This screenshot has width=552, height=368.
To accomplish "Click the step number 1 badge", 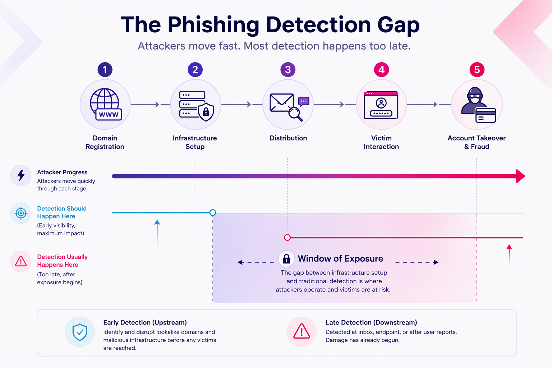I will tap(105, 70).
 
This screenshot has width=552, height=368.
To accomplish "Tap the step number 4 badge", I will tap(381, 70).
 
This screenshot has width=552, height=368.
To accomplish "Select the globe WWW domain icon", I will tap(105, 105).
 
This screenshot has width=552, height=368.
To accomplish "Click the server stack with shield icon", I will tap(196, 105).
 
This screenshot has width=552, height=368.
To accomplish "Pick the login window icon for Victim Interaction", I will tap(381, 105).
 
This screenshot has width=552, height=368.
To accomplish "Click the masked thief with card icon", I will tap(477, 105).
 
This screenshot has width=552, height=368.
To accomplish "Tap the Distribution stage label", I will tap(288, 138).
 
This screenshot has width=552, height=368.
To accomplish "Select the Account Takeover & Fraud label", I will tap(477, 142).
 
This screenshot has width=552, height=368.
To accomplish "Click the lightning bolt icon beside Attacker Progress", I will tap(21, 175).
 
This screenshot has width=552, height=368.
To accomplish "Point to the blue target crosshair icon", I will tap(21, 213).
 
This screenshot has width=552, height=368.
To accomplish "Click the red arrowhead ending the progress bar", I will tap(520, 176).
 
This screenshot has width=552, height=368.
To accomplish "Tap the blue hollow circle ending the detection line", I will tap(213, 213).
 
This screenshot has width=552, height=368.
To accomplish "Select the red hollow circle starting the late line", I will tap(287, 238).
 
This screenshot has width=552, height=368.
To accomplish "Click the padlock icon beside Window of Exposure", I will tap(286, 258).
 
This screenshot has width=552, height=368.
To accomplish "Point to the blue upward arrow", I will tap(157, 233).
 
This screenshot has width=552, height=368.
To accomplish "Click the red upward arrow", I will tap(509, 254).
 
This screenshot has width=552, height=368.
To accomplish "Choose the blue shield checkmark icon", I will tap(80, 332).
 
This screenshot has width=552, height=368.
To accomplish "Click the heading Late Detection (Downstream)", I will tap(371, 322).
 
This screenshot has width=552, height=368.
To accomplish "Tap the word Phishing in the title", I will tap(213, 25).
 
